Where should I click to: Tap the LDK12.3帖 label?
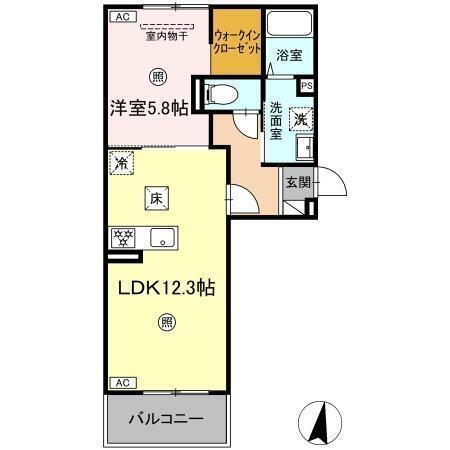tap(165, 288)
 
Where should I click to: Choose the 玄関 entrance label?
tap(296, 183)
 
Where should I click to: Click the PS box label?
tap(306, 87)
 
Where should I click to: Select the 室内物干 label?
tap(167, 37)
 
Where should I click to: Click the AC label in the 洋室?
tap(121, 17)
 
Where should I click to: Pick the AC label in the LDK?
tap(121, 383)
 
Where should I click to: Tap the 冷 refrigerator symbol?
tap(122, 163)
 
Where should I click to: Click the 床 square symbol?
tap(157, 198)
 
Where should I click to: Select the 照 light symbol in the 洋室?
tap(158, 77)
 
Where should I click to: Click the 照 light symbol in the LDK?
tap(166, 322)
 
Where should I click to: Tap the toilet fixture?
tap(221, 95)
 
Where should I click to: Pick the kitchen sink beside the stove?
tap(161, 238)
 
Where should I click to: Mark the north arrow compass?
tap(323, 423)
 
